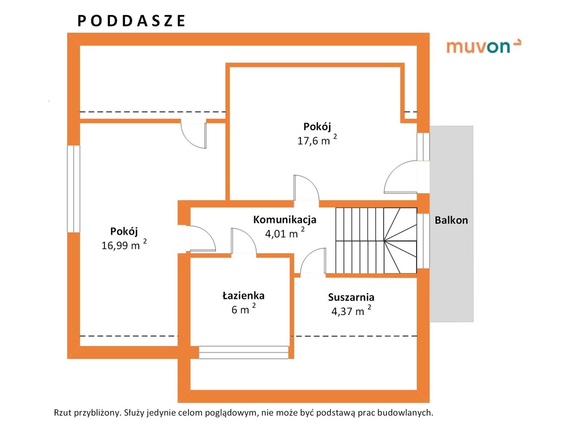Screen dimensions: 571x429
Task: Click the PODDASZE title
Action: coord(132,21)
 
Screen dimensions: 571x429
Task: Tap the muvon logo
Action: coord(483,46)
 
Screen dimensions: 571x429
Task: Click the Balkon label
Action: coord(451,220)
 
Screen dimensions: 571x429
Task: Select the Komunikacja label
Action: coord(285,220)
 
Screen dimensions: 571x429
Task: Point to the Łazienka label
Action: coord(243,295)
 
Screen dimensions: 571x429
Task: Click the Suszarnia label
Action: coord(351,297)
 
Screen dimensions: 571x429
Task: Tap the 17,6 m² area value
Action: coord(317,140)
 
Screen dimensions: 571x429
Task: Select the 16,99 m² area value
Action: coord(124,245)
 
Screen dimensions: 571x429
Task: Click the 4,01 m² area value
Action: coord(285,233)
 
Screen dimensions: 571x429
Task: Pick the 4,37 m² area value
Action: coord(351,311)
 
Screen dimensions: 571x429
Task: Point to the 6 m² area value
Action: coord(244,309)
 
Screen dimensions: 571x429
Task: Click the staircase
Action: coord(376,240)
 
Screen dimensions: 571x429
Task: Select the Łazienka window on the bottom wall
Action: coord(244,352)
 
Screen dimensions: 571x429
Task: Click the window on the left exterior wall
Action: coord(74,189)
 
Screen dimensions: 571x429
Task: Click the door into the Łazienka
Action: coord(244,241)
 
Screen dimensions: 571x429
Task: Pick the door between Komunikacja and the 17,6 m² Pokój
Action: coord(307,188)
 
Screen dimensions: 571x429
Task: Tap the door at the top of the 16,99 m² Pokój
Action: coord(193,135)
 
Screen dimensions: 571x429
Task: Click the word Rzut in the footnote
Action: coord(62,413)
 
